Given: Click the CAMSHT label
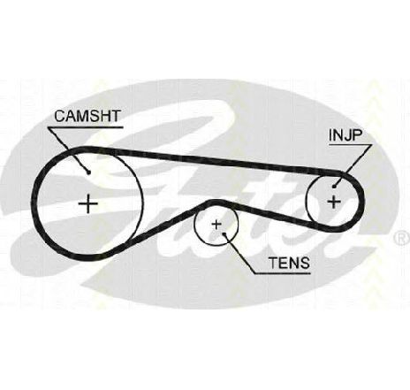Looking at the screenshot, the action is coord(87,116).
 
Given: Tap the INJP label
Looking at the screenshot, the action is coord(345,135).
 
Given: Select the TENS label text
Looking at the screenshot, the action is coord(289,263).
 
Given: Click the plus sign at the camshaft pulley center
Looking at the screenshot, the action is coord(88,203).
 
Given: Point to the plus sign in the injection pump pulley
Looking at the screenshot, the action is coord(334,202).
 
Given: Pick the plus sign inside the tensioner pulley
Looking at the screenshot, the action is coord(216,225).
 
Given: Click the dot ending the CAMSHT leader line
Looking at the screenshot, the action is coord(88,172).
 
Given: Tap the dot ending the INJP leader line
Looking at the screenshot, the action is coord(334,186).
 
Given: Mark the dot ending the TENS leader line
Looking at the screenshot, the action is coord(224,234).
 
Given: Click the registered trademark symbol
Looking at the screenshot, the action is coord(401,238).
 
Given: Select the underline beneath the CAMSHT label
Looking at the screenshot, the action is coord(86,127).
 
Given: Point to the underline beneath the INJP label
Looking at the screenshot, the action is coord(350,145).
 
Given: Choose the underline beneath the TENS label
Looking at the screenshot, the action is coord(282,273).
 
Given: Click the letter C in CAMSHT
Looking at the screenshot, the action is coord(60,116).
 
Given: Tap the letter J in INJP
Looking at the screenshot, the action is coord(346,135).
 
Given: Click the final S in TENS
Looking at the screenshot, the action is coord(305,263).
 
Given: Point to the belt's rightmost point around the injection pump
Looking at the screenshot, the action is coord(362,202).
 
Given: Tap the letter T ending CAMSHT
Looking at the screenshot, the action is coord(116,116).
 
